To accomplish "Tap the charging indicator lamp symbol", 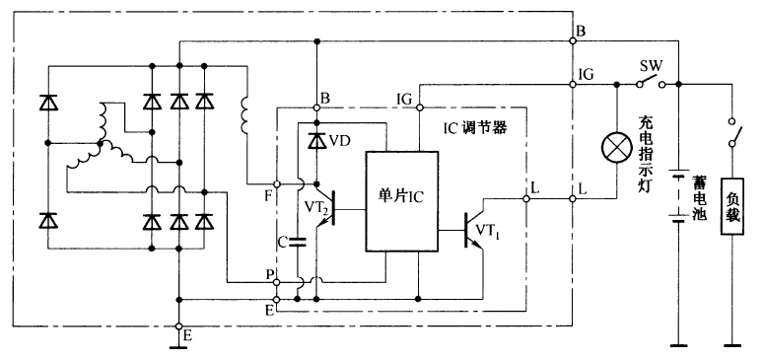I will [x=617, y=149].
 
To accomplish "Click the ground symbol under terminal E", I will [x=179, y=343].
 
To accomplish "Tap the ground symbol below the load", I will [x=731, y=344].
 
